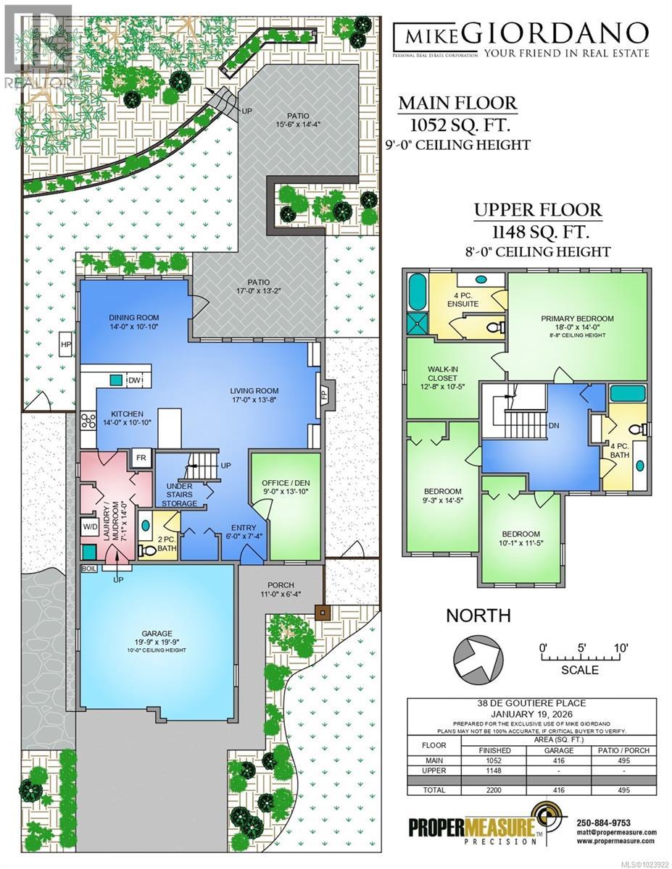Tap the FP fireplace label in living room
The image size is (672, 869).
click(x=324, y=395)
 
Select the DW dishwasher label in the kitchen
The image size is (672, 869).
click(x=134, y=380)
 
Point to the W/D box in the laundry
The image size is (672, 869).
click(x=91, y=526)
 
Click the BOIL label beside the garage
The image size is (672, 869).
click(x=88, y=568)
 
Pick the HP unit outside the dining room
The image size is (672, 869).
click(x=66, y=344)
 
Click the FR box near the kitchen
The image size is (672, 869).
click(x=140, y=458)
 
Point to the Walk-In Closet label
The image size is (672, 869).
click(x=441, y=378)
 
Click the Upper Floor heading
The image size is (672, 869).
click(x=537, y=211)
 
